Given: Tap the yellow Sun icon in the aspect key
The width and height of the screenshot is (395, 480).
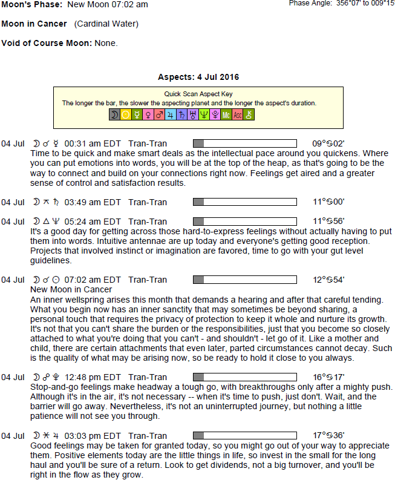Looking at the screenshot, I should [126, 114].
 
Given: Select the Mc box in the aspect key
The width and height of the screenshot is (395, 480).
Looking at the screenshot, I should [226, 114].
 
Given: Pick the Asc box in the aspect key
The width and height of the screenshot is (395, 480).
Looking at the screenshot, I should [237, 114].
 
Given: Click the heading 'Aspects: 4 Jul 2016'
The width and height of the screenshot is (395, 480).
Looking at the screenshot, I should [198, 77].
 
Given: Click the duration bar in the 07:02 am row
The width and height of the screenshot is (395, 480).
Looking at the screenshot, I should [244, 280].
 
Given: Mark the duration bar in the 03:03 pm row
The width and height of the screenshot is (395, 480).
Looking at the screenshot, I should [244, 436].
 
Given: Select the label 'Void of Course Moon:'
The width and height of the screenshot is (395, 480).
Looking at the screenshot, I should [46, 44].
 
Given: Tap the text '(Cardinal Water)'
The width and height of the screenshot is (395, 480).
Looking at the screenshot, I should [106, 24].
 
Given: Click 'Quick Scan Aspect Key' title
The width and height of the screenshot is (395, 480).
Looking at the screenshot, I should [198, 94].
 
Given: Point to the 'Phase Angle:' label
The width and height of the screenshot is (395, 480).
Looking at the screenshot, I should [310, 3].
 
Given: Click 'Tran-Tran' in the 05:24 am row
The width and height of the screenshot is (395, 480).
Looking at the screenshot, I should [148, 222].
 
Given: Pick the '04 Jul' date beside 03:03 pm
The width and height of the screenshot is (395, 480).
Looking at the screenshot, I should [13, 436].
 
